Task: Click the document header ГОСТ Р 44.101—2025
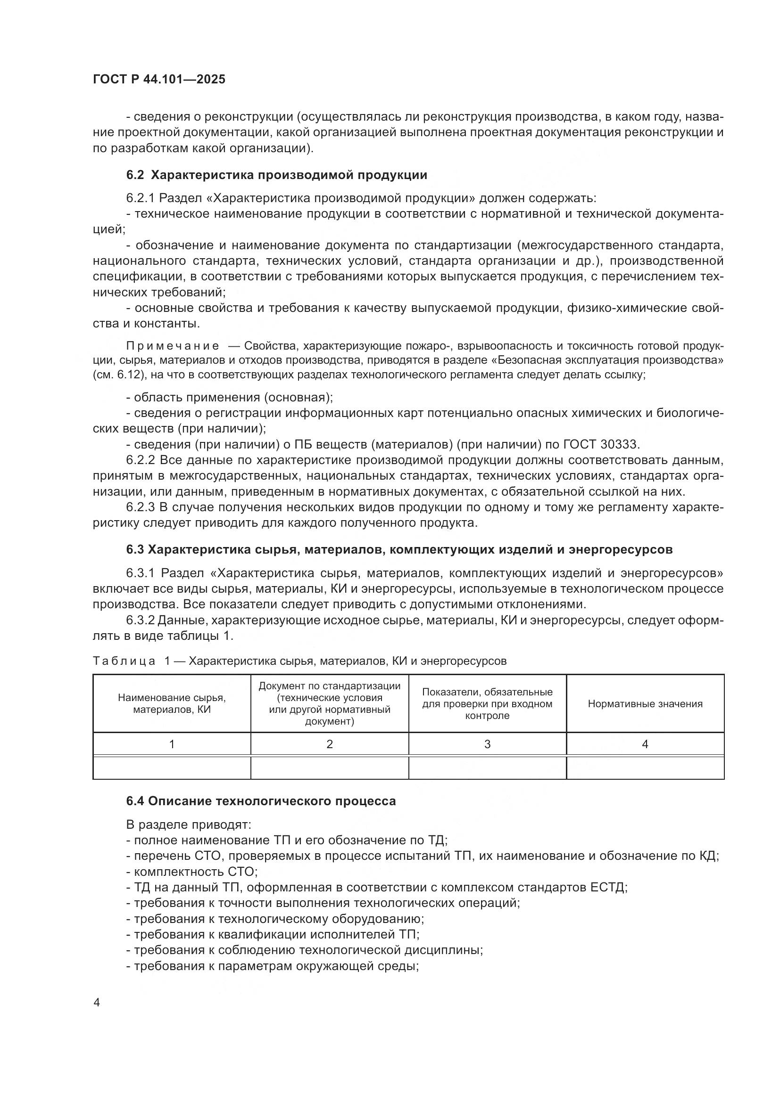pyautogui.click(x=159, y=80)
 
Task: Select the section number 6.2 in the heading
pyautogui.click(x=135, y=175)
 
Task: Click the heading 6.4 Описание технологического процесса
pyautogui.click(x=261, y=801)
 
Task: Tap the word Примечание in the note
pyautogui.click(x=173, y=346)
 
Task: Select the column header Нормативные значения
pyautogui.click(x=645, y=703)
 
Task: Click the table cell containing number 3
pyautogui.click(x=487, y=744)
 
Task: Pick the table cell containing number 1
pyautogui.click(x=172, y=744)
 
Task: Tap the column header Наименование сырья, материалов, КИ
pyautogui.click(x=172, y=703)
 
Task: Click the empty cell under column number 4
pyautogui.click(x=645, y=767)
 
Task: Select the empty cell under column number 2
pyautogui.click(x=330, y=767)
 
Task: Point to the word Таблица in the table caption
pyautogui.click(x=124, y=661)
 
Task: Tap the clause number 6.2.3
pyautogui.click(x=140, y=507)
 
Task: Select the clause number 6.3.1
pyautogui.click(x=140, y=573)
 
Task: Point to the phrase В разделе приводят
pyautogui.click(x=188, y=824)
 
